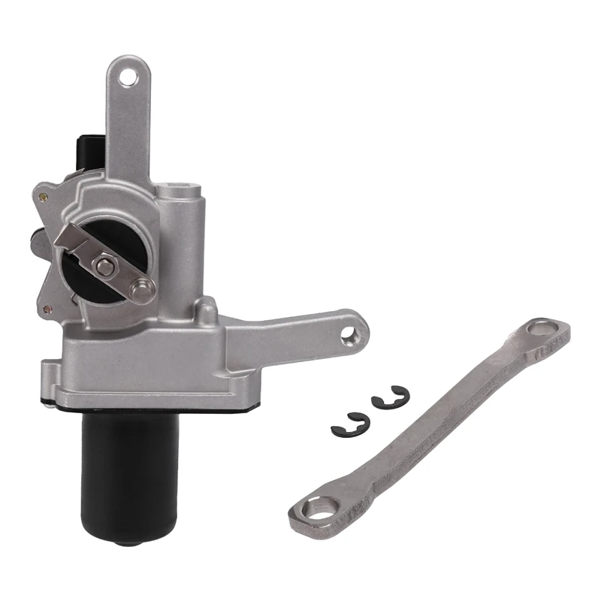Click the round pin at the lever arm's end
tap(140, 285)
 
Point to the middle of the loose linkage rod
tap(428, 421)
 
